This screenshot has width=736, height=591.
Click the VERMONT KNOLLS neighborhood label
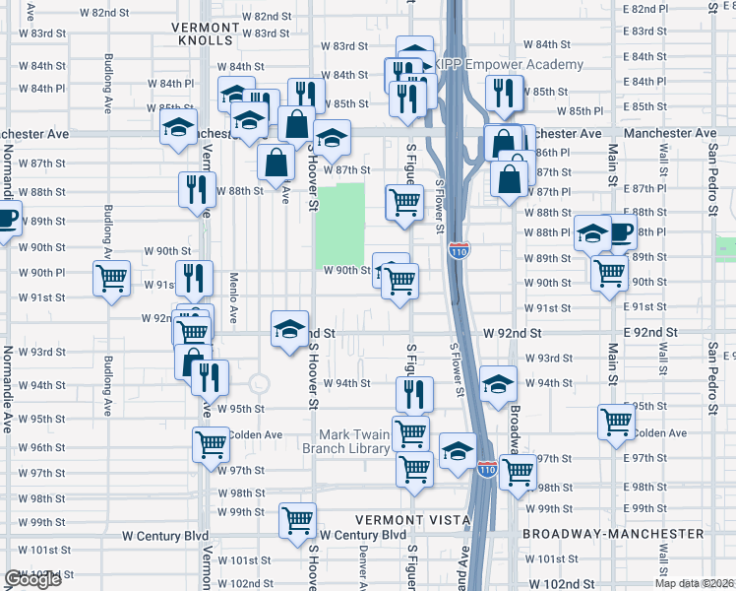coord(205,33)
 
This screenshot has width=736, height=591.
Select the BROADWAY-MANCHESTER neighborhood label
coord(613,534)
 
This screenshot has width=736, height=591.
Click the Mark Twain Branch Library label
coord(358,441)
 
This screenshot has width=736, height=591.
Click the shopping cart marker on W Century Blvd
coord(296,520)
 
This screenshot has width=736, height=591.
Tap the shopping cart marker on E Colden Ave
coord(617,422)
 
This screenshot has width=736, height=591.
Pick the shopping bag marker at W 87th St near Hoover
coord(276,164)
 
